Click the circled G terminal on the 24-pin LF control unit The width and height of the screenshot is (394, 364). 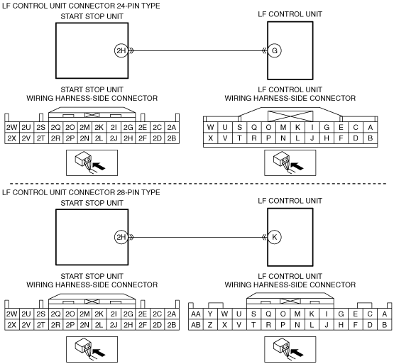[x=275, y=50]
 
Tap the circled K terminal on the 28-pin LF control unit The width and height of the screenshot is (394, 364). [x=275, y=237]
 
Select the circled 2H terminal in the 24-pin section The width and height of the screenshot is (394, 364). [x=121, y=50]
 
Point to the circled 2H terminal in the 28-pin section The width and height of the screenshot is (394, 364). [x=121, y=237]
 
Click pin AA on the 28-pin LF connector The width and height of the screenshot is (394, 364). [x=196, y=314]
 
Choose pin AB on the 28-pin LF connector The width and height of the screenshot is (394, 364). [x=196, y=325]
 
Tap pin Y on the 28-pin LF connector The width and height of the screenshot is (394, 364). [x=210, y=314]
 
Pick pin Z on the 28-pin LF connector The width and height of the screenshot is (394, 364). [x=210, y=325]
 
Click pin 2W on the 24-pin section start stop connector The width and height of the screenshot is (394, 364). [x=12, y=127]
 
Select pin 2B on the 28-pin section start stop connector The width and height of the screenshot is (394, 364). [x=172, y=325]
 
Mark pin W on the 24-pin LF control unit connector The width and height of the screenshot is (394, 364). [x=211, y=127]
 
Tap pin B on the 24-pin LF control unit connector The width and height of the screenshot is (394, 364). [x=370, y=138]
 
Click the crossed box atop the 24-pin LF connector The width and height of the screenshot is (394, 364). [x=290, y=116]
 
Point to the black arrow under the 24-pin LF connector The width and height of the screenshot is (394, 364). [x=297, y=166]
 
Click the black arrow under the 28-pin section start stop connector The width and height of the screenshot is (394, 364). [x=99, y=353]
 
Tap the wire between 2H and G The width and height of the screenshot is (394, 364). [x=197, y=51]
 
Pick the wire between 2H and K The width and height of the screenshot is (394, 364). [x=197, y=237]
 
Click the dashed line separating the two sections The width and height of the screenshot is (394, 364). [x=198, y=184]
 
